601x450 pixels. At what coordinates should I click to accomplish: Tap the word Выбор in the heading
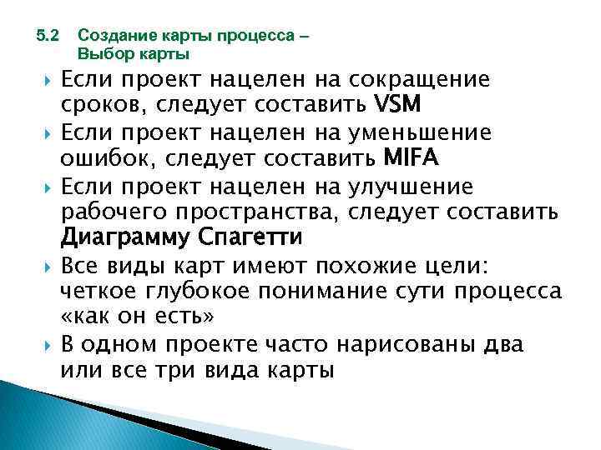98,55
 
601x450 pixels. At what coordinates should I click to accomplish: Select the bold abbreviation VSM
399,106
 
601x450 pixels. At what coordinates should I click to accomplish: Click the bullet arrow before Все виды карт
48,266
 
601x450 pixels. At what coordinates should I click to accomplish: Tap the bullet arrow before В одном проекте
48,345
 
